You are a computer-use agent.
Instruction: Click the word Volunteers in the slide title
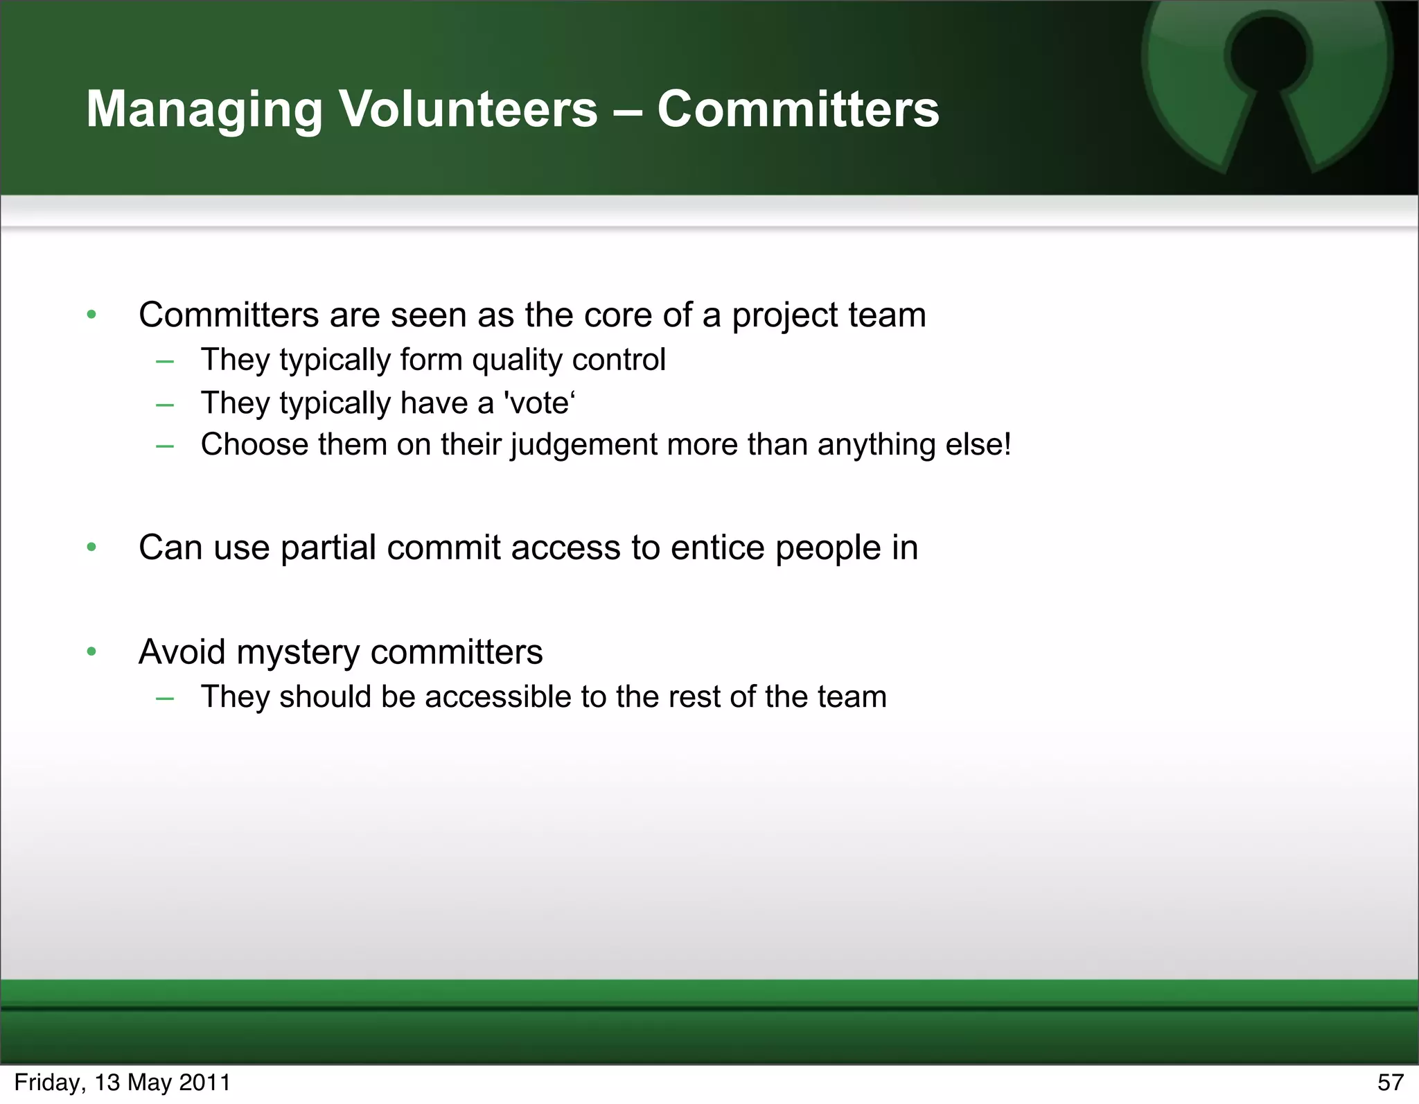[468, 109]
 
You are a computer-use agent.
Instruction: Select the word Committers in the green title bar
[798, 109]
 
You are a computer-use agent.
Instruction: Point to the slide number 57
[1390, 1083]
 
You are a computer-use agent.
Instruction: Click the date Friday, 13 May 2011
[122, 1083]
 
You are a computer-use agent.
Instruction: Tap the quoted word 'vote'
[540, 403]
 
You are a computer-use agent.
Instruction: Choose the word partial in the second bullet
[328, 547]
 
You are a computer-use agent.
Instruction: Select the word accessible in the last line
[498, 696]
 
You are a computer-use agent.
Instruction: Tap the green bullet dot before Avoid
[91, 651]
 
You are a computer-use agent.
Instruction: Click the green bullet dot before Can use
[91, 547]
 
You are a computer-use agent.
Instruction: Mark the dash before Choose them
[165, 446]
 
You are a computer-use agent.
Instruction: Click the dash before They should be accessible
[165, 698]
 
